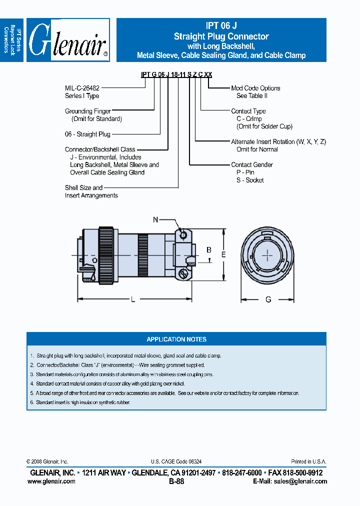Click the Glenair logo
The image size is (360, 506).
click(x=68, y=40)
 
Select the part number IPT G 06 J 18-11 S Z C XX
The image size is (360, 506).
click(x=176, y=74)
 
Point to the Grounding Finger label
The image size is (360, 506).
click(x=88, y=111)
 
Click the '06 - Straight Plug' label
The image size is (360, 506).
click(x=87, y=134)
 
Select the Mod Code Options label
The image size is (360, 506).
click(x=255, y=88)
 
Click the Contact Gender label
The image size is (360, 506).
click(x=252, y=164)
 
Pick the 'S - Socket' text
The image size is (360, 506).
click(x=250, y=180)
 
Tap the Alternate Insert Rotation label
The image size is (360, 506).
click(x=278, y=142)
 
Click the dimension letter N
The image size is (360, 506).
click(x=155, y=219)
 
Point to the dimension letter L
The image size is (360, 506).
click(x=132, y=299)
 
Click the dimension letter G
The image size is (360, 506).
click(x=268, y=299)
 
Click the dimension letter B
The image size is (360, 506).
click(x=209, y=249)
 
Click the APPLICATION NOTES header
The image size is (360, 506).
click(x=176, y=339)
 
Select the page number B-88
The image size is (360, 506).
click(x=176, y=481)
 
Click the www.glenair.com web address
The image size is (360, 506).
click(x=51, y=481)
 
